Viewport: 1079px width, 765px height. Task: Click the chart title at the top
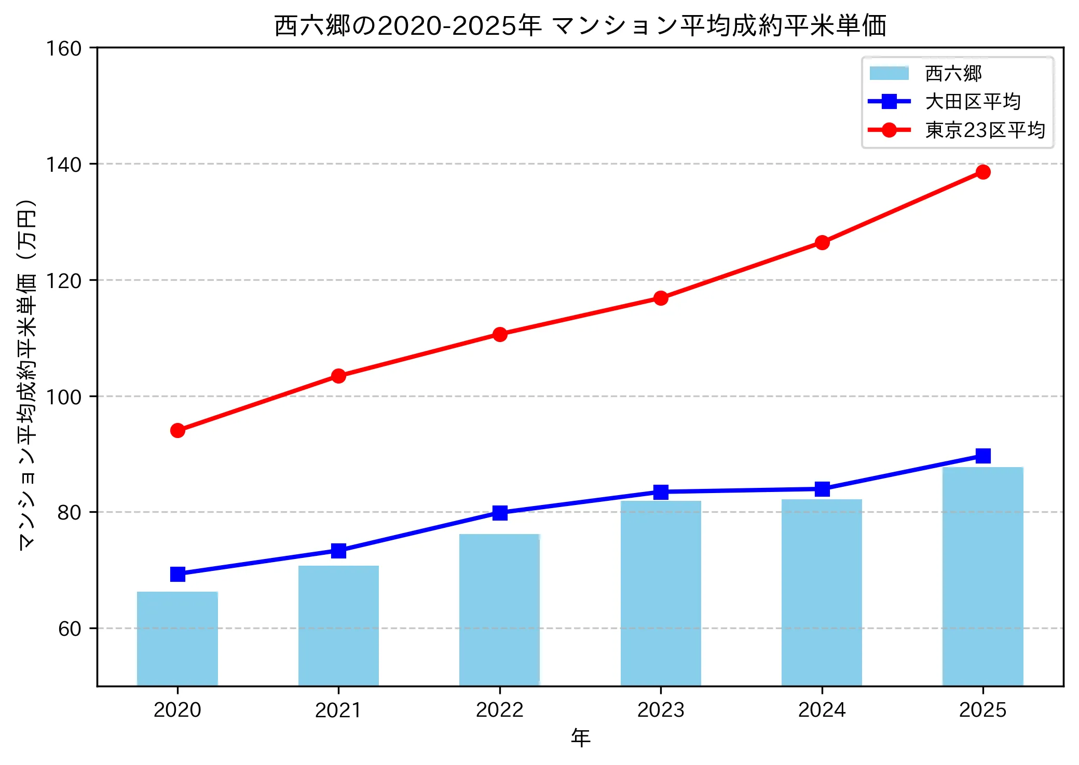[x=580, y=26]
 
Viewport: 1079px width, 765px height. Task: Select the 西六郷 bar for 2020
[x=177, y=638]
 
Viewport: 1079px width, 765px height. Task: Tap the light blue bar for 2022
[x=499, y=610]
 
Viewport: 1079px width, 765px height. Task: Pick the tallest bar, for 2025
[x=982, y=576]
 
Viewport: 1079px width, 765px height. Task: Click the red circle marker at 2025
[x=982, y=172]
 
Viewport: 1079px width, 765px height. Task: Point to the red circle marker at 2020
[x=177, y=430]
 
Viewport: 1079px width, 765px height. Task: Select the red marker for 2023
[x=661, y=298]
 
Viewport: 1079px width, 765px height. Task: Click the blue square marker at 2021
[x=338, y=551]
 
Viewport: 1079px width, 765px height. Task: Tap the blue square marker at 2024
[x=822, y=489]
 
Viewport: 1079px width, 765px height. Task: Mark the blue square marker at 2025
[x=982, y=456]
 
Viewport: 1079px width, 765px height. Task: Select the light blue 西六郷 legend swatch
[x=889, y=73]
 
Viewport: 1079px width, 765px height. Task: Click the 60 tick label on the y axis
[x=70, y=629]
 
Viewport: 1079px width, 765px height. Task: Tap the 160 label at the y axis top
[x=64, y=49]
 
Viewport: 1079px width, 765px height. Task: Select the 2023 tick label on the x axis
[x=661, y=710]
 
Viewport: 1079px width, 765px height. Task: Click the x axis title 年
[x=580, y=737]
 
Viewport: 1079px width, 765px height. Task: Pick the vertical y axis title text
[x=27, y=374]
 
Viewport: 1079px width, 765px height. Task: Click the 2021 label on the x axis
[x=338, y=710]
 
